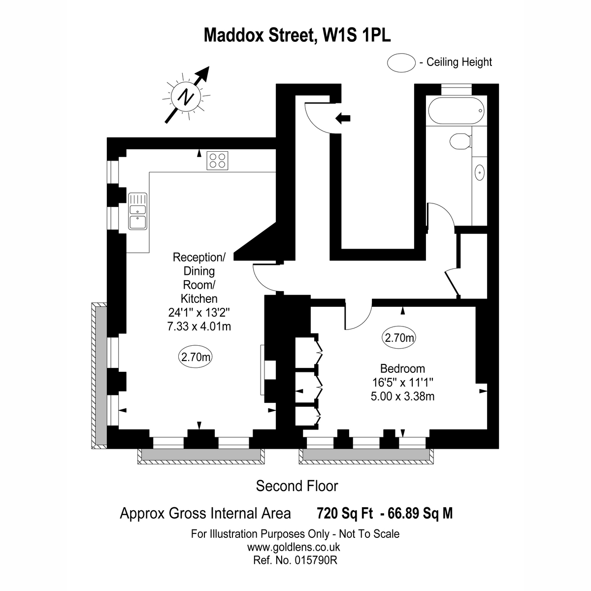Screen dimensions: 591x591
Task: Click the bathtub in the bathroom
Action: [x=456, y=111]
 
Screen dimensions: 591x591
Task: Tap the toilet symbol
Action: [x=461, y=141]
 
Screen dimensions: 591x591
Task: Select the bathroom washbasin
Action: [x=479, y=173]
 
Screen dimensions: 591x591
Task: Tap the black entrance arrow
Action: [x=343, y=118]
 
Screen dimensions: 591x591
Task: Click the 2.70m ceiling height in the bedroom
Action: [x=399, y=338]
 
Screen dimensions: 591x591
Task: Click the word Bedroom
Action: [x=402, y=368]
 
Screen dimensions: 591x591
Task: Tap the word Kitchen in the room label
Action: [x=199, y=298]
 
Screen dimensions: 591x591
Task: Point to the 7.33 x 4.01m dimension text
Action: [x=199, y=326]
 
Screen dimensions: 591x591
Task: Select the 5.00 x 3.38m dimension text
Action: [x=402, y=396]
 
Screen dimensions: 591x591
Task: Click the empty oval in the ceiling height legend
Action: [x=401, y=63]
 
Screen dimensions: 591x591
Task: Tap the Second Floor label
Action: [x=297, y=486]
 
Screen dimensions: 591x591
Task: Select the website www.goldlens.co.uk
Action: [x=294, y=547]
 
